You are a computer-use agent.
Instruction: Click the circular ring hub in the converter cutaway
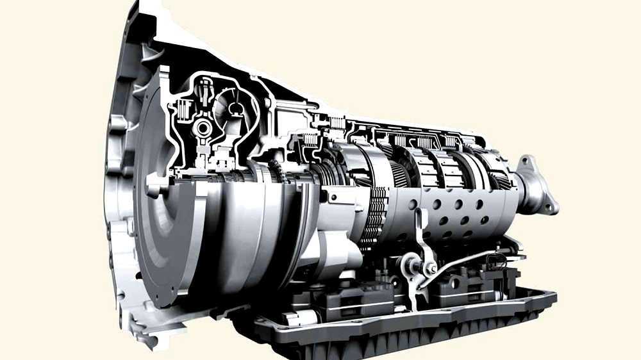pos(203,128)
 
